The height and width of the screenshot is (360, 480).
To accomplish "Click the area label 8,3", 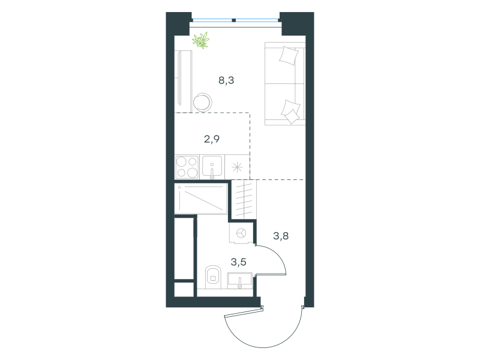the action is [226, 80].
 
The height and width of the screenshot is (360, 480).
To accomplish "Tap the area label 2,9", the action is [212, 139].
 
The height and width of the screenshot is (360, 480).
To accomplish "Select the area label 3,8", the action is [281, 236].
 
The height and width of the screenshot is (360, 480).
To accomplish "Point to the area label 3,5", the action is [238, 262].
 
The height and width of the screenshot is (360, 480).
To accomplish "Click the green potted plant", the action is [201, 40].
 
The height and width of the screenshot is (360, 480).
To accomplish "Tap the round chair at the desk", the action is [203, 102].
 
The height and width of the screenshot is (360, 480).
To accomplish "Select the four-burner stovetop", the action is [187, 167].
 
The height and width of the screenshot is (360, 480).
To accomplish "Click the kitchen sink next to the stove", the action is [212, 167].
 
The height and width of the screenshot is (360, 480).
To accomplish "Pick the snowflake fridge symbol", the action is [237, 167].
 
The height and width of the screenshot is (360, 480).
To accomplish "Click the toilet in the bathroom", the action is [213, 277].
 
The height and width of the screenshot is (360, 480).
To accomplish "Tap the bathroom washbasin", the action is [239, 281].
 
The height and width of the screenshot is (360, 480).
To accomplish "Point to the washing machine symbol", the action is [242, 233].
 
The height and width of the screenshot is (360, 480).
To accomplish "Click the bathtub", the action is [201, 199].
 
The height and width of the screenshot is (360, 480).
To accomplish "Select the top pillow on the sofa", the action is [289, 55].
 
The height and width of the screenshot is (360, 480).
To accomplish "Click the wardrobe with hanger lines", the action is [244, 199].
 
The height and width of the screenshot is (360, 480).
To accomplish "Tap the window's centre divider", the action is [234, 20].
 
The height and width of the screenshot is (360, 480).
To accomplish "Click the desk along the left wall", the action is [184, 82].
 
